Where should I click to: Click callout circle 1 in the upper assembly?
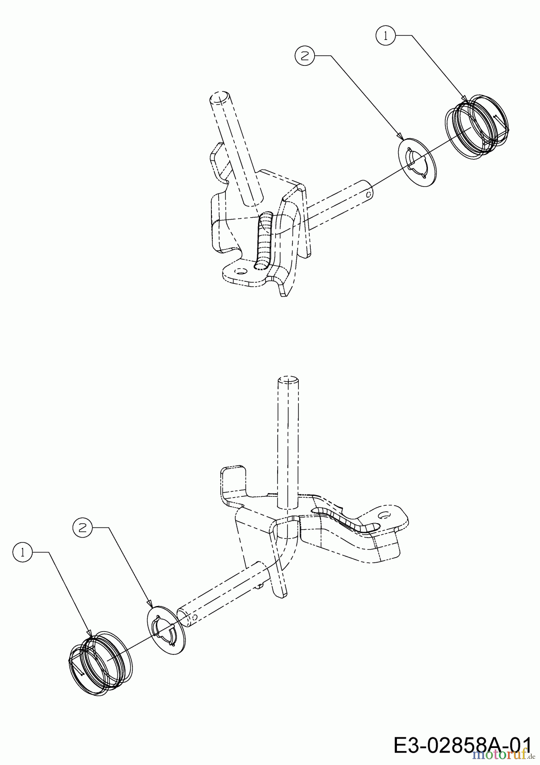point(385,36)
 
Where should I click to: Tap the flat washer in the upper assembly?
point(415,161)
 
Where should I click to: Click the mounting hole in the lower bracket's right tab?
point(385,515)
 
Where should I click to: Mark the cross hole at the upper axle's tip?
point(369,194)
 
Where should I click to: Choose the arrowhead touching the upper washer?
point(400,136)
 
